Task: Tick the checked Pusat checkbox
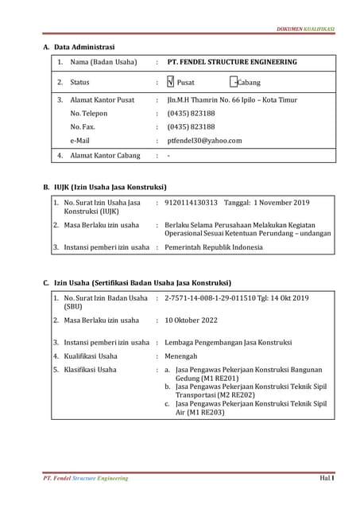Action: pos(171,82)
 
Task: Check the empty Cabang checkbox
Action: pos(232,82)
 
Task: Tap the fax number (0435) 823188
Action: pos(191,127)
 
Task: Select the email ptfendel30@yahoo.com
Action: pos(204,141)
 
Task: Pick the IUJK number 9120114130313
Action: pos(191,204)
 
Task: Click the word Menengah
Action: pos(183,356)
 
